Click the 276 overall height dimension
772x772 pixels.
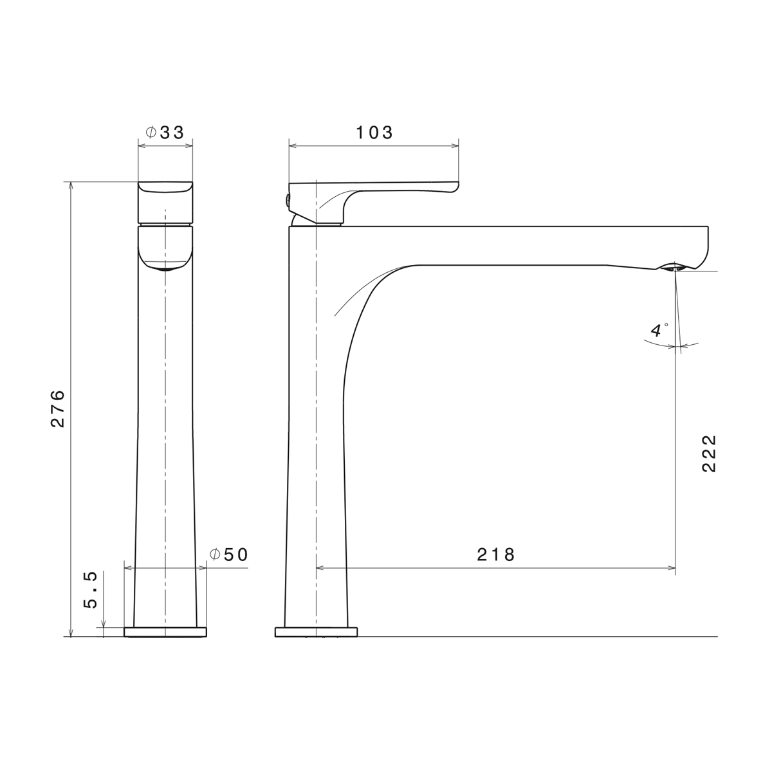(x=58, y=409)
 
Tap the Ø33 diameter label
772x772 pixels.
(x=165, y=133)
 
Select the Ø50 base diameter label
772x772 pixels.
(x=229, y=555)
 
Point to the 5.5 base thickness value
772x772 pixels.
(x=91, y=590)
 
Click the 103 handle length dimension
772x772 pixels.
(x=374, y=133)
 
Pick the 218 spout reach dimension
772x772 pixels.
(x=495, y=555)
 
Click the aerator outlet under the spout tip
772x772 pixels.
(x=674, y=267)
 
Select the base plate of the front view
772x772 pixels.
(x=165, y=632)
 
